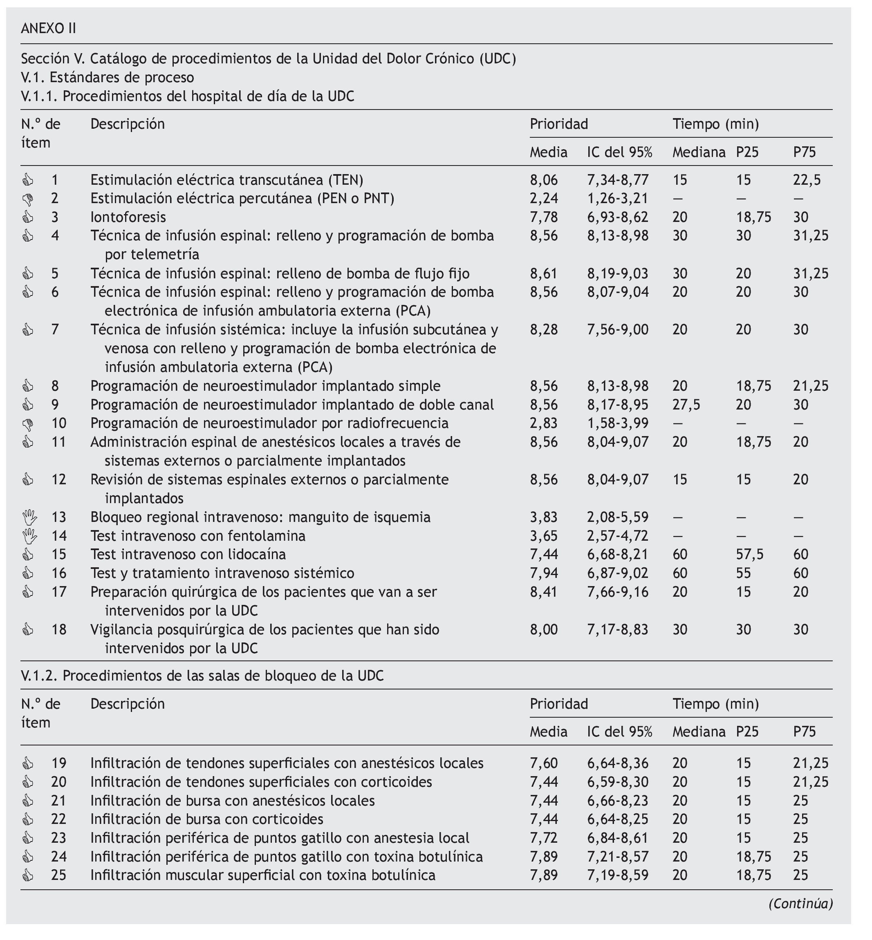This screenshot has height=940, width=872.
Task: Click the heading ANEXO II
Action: click(48, 29)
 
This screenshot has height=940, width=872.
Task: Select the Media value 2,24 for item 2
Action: click(544, 199)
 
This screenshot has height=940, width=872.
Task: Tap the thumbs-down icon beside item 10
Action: click(28, 423)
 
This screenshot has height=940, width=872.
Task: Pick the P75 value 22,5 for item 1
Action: click(807, 180)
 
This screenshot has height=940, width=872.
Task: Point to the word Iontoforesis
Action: click(128, 217)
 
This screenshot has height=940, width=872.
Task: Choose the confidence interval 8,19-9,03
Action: click(618, 273)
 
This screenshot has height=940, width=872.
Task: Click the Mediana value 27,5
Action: click(686, 405)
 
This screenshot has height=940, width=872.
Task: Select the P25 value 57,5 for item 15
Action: click(750, 554)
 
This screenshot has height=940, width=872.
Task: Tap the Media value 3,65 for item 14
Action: click(544, 536)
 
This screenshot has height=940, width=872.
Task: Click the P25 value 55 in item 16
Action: click(743, 573)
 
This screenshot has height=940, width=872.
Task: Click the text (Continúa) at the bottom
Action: click(800, 903)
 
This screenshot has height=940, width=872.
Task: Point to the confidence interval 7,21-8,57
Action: click(618, 856)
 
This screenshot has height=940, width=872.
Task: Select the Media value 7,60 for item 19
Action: click(544, 763)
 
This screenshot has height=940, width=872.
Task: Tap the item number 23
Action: click(59, 838)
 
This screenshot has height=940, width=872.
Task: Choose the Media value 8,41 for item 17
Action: click(544, 591)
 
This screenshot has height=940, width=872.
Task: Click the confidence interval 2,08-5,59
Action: click(618, 517)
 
